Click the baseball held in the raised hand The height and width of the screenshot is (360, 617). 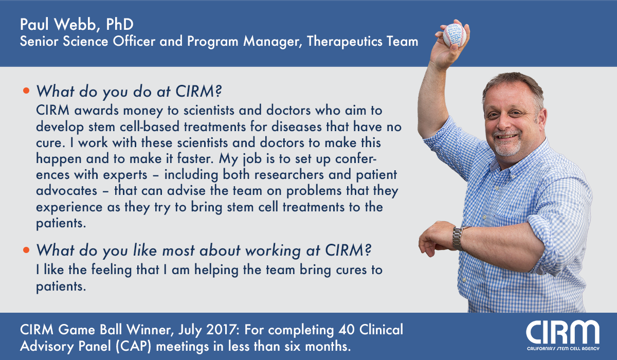click(x=454, y=35)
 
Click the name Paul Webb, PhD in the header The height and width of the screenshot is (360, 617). click(x=77, y=24)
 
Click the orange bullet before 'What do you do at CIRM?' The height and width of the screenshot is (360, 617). click(x=26, y=91)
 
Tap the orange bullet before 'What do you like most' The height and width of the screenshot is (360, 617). click(x=26, y=250)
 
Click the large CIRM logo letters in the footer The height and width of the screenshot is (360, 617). click(x=562, y=332)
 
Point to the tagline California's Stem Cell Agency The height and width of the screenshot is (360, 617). click(x=563, y=349)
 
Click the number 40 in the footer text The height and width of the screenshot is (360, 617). click(x=346, y=330)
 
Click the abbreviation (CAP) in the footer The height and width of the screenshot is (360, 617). click(x=133, y=346)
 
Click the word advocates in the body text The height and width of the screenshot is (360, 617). click(x=67, y=190)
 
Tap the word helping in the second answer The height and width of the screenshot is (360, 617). click(x=216, y=269)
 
